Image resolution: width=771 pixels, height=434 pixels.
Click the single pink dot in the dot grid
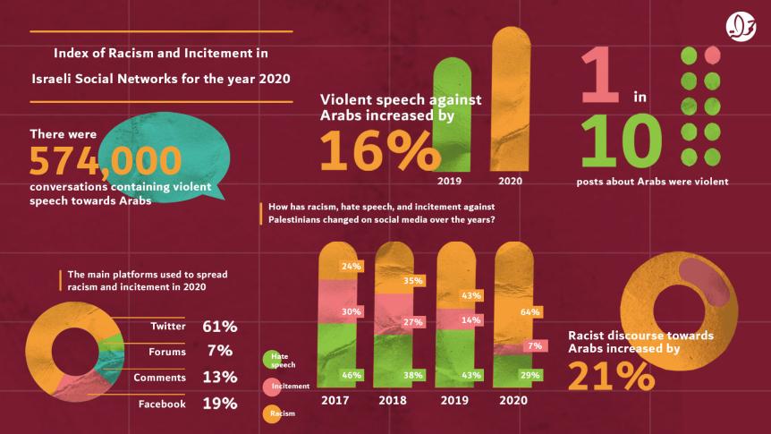click(x=713, y=55)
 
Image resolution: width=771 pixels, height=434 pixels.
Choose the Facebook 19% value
click(x=218, y=404)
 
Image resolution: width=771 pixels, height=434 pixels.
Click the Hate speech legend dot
click(x=267, y=359)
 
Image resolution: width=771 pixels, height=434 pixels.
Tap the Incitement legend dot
click(x=267, y=386)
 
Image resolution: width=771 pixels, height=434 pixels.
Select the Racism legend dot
click(x=267, y=413)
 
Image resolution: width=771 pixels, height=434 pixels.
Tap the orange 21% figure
click(x=609, y=375)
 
